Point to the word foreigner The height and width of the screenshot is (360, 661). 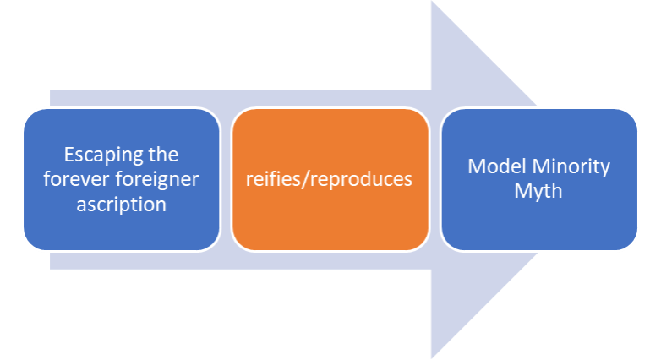tap(161, 179)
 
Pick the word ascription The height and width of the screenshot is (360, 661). tap(122, 204)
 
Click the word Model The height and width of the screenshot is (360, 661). tap(495, 166)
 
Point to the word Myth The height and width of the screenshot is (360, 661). tap(538, 191)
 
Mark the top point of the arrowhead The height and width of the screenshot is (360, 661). tap(432, 3)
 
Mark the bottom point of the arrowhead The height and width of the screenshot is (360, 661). tap(432, 357)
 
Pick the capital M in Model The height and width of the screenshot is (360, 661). tap(476, 166)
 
